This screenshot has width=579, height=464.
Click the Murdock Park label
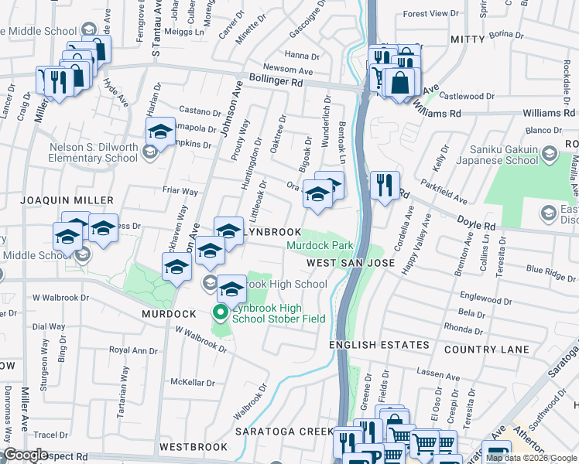(x=320, y=246)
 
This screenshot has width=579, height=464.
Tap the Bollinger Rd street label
(x=276, y=80)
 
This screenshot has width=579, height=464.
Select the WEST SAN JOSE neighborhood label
(x=350, y=264)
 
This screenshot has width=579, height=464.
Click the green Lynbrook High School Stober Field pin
(x=220, y=312)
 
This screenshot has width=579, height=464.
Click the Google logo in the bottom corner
(x=26, y=455)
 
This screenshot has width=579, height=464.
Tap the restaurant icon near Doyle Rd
(x=384, y=186)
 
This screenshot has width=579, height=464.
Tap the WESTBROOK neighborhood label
(x=194, y=447)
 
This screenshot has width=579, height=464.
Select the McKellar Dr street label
(x=193, y=382)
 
